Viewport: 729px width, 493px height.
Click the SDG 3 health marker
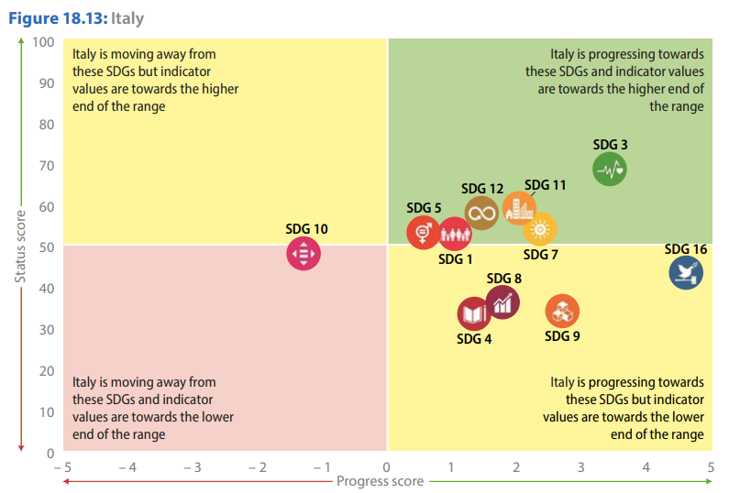click(x=610, y=169)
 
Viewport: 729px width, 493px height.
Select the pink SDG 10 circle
click(x=304, y=253)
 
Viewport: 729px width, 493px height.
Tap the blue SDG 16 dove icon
click(x=686, y=272)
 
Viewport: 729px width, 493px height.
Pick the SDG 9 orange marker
click(x=562, y=312)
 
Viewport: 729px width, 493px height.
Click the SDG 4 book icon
click(x=474, y=314)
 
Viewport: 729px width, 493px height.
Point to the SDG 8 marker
click(x=502, y=301)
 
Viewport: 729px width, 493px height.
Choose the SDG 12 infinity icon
click(x=481, y=213)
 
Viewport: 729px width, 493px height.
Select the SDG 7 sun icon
click(x=540, y=228)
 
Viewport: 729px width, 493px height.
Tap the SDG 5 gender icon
click(x=424, y=232)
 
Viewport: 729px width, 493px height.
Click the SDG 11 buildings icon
click(x=518, y=209)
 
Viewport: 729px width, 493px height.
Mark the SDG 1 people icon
click(x=454, y=236)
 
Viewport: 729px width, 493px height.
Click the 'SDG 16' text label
click(x=686, y=249)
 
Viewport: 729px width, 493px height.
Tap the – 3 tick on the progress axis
click(x=190, y=467)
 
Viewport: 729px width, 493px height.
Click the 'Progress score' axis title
click(x=380, y=481)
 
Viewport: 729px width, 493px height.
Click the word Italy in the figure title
click(x=127, y=18)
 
